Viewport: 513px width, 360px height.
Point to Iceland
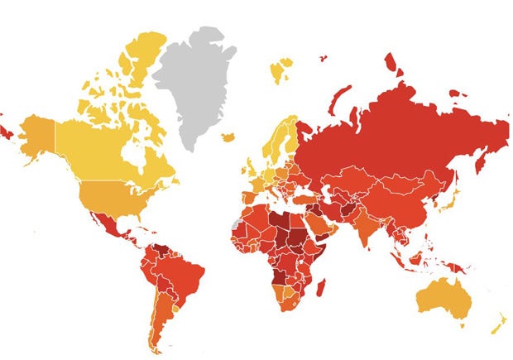(228, 137)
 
